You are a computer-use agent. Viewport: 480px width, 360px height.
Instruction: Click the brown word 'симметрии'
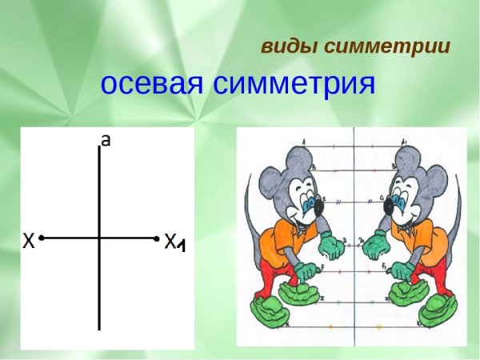[387, 46]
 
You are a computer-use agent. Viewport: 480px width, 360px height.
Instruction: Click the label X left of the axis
[29, 238]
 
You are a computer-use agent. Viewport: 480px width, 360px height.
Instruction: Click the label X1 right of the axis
[174, 241]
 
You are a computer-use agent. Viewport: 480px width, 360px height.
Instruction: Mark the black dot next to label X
[42, 238]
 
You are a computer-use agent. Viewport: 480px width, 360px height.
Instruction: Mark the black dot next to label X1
[156, 238]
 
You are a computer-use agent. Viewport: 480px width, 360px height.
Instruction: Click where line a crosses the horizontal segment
[99, 238]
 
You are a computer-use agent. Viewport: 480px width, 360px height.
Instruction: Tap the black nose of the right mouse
[388, 207]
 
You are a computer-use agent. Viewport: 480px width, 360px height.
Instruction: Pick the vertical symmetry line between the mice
[354, 240]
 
